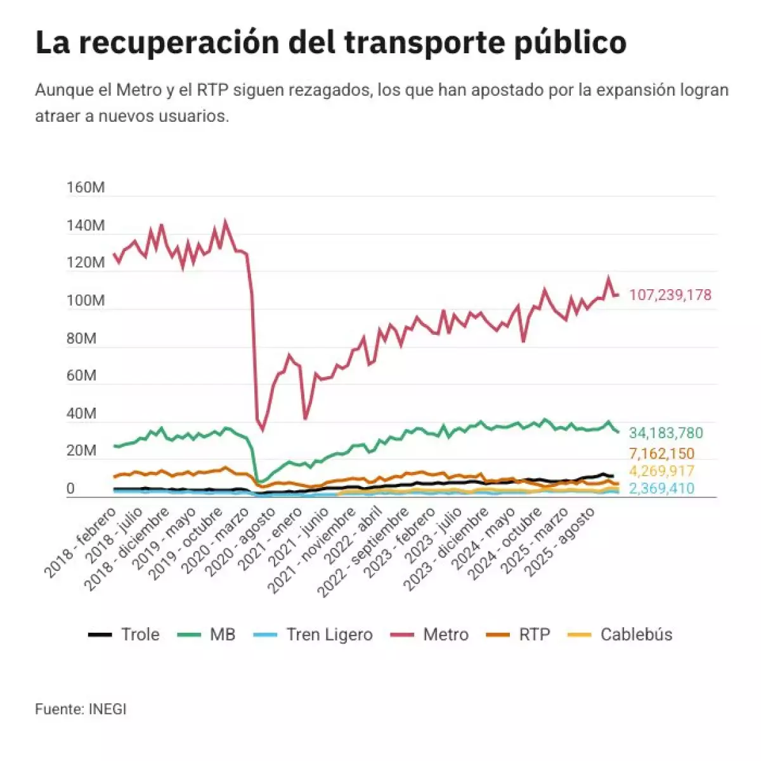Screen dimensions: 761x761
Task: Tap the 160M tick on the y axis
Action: point(86,188)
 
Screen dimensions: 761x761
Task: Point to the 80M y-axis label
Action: point(82,338)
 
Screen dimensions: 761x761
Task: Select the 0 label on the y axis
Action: point(70,489)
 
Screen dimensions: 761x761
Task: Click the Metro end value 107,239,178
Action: point(670,295)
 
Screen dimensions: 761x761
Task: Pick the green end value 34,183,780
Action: point(666,433)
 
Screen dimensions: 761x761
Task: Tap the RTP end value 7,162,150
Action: point(661,454)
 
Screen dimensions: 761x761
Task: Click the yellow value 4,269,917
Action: point(661,471)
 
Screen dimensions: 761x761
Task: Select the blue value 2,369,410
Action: point(661,488)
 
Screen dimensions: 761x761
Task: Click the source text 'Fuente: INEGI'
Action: point(81,709)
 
